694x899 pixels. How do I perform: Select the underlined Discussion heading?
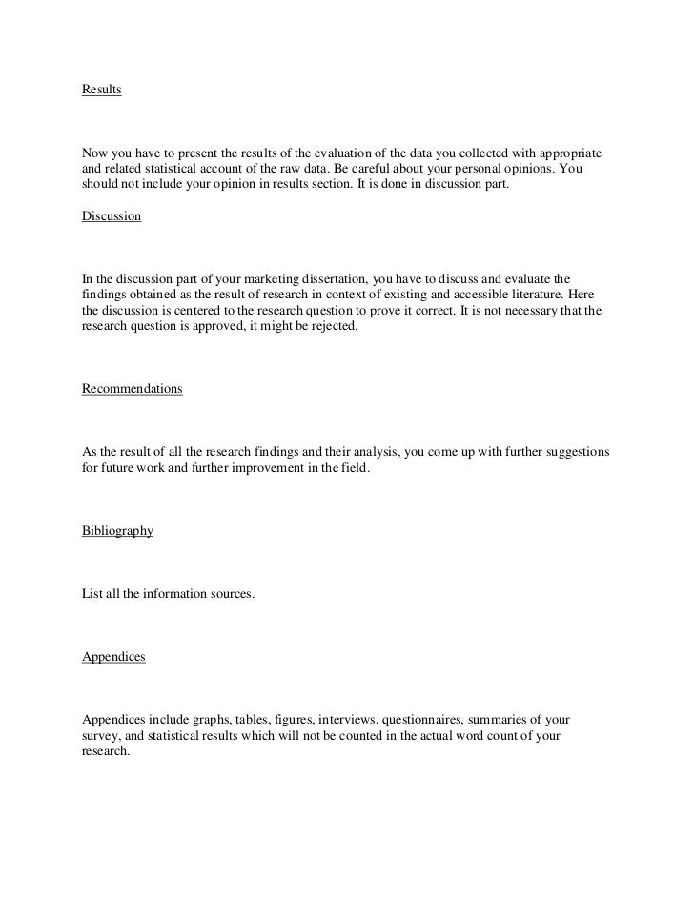[112, 216]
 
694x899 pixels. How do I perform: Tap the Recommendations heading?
[133, 389]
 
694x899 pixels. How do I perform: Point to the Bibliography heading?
[118, 531]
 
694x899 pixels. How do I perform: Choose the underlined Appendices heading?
[114, 658]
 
